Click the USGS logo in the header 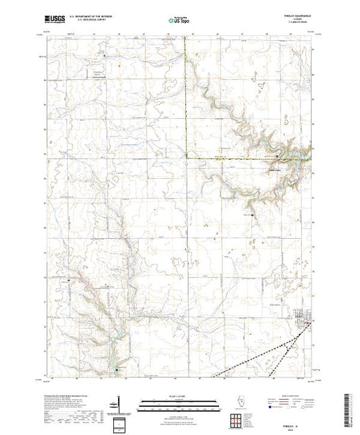point(55,21)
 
